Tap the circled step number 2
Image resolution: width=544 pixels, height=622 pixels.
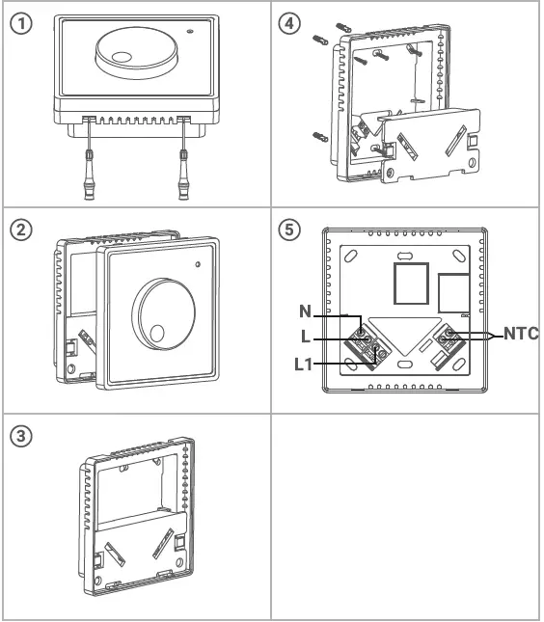click(x=19, y=232)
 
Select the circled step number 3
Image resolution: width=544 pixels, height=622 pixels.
click(x=19, y=435)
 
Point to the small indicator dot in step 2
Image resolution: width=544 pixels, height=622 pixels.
click(x=197, y=263)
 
